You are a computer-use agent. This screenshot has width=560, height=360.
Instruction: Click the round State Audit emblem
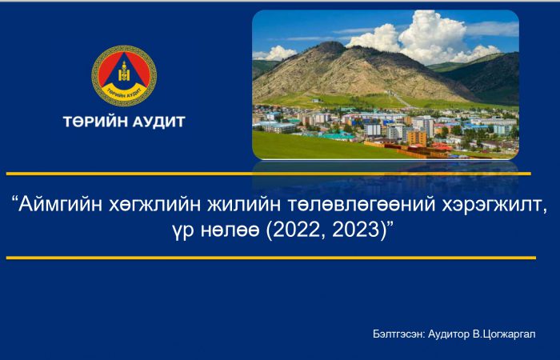click(x=124, y=75)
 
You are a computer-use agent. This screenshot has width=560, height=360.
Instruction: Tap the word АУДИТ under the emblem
click(x=159, y=122)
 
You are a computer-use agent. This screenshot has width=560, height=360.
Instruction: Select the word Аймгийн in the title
click(x=57, y=206)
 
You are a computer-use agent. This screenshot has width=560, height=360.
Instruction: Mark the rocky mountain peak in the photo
click(x=330, y=47)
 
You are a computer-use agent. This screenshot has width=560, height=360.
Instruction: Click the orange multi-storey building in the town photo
click(x=417, y=138)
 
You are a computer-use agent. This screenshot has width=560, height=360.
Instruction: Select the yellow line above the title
click(x=269, y=174)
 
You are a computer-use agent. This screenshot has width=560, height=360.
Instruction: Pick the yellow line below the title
click(x=271, y=258)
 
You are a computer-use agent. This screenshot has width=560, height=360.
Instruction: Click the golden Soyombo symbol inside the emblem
click(x=124, y=71)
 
